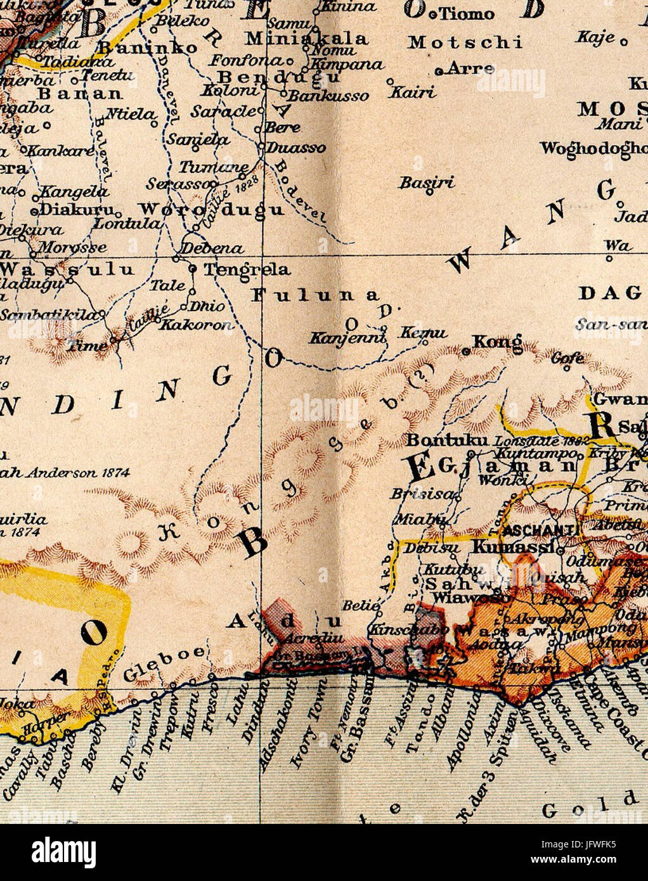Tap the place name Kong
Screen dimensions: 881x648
pos(498,342)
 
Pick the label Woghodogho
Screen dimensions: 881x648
pos(593,148)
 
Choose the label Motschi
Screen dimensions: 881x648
pos(465,42)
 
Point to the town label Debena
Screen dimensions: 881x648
pos(212,248)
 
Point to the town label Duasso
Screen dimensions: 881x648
pos(295,148)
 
